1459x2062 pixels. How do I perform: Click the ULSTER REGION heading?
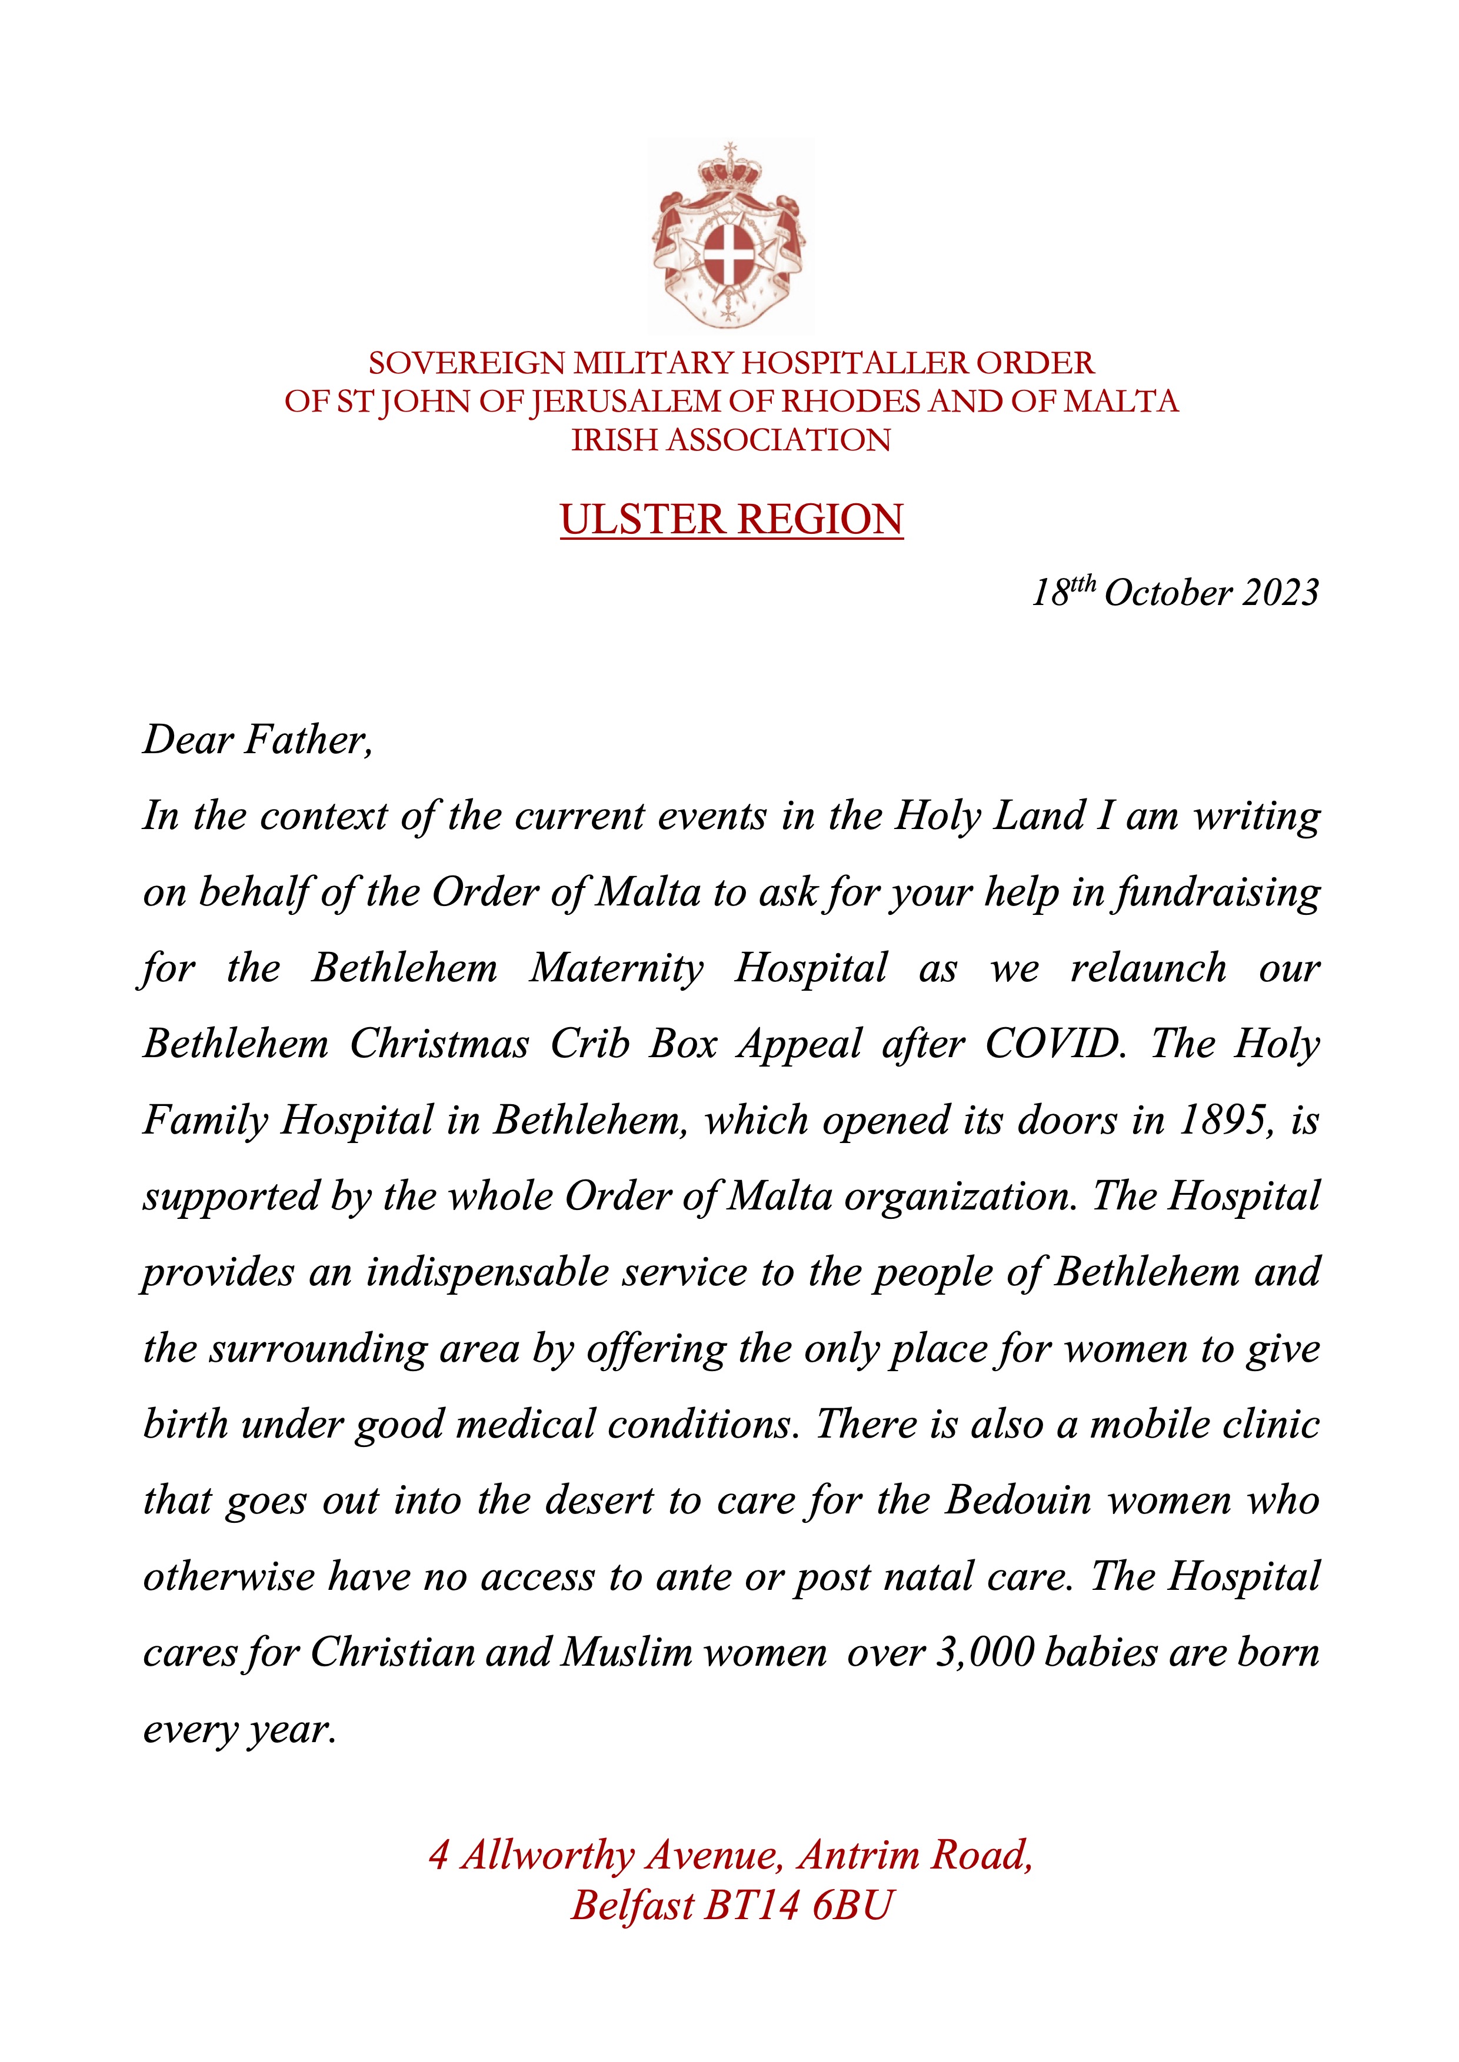[731, 520]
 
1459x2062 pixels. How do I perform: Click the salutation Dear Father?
[257, 740]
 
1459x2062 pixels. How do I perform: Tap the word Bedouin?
[1017, 1500]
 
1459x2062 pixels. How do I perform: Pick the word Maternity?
[617, 968]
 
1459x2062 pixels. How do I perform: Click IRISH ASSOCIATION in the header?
[731, 440]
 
